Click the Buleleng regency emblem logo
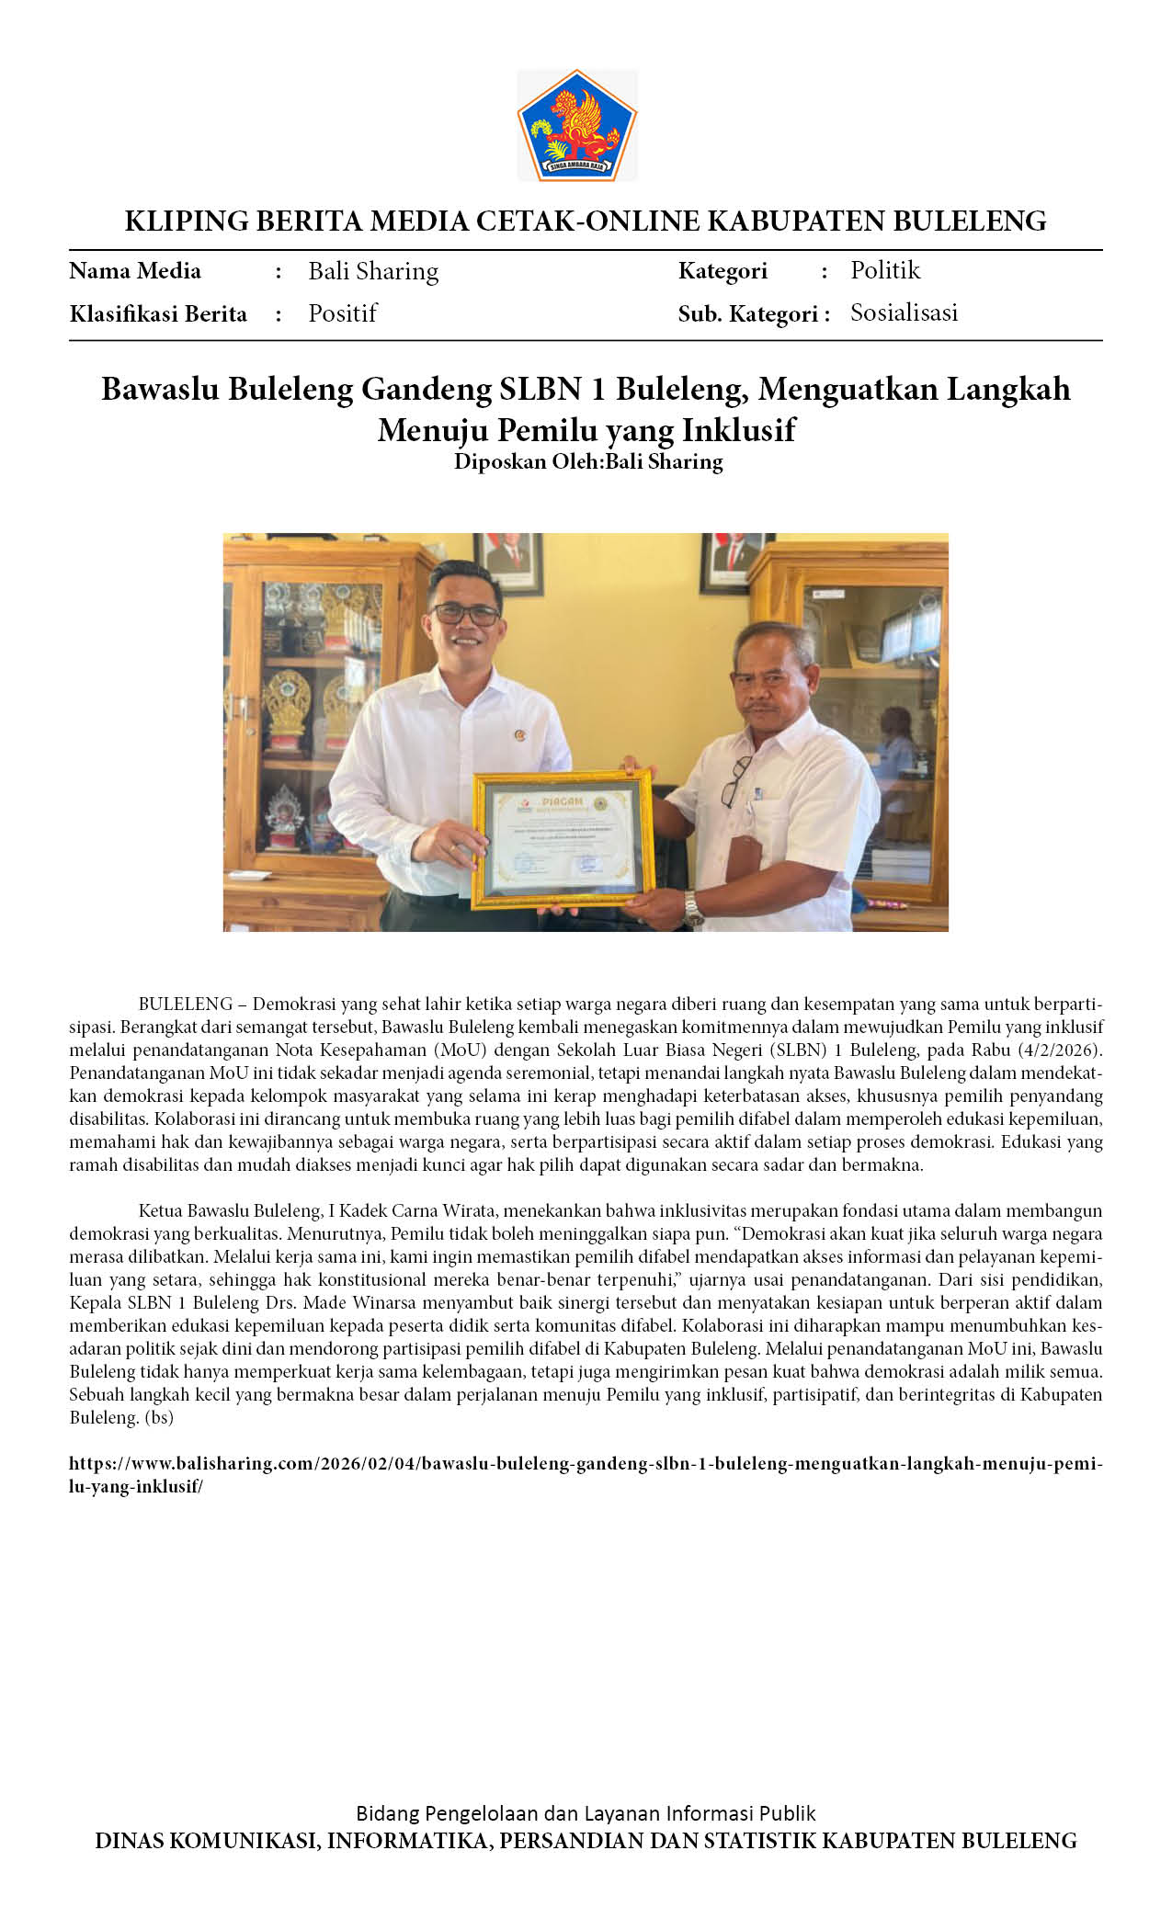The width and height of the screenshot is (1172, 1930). pyautogui.click(x=577, y=125)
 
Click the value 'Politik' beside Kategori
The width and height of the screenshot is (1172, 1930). pyautogui.click(x=884, y=270)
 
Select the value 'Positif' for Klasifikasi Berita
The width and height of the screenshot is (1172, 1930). pyautogui.click(x=342, y=313)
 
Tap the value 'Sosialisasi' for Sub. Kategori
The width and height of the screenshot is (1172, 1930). pyautogui.click(x=904, y=312)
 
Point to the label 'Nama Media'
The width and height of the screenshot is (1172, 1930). pyautogui.click(x=135, y=271)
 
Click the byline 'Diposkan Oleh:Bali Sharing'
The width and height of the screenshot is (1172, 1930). pyautogui.click(x=588, y=461)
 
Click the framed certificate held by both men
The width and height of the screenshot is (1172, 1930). pyautogui.click(x=563, y=837)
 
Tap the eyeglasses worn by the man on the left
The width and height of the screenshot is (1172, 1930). pyautogui.click(x=467, y=613)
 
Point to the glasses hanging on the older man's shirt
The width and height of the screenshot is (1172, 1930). pyautogui.click(x=734, y=782)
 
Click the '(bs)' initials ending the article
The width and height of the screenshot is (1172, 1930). pyautogui.click(x=158, y=1417)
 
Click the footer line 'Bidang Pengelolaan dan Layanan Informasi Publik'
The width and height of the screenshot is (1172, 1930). pyautogui.click(x=586, y=1813)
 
